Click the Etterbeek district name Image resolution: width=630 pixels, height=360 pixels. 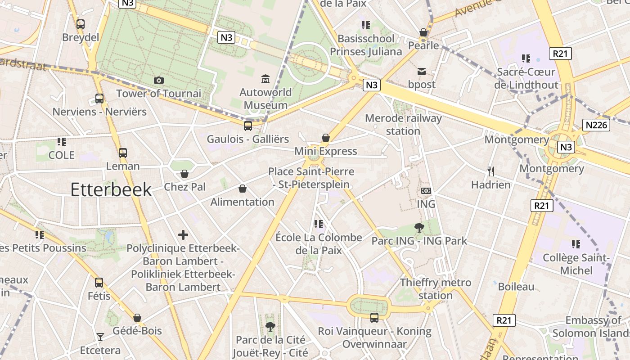click(x=111, y=190)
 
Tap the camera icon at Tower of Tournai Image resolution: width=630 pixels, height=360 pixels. click(x=158, y=80)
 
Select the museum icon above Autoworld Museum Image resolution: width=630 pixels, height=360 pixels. click(x=265, y=79)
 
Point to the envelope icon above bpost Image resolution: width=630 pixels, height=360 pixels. click(x=422, y=71)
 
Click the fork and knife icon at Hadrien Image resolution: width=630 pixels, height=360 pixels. click(x=490, y=171)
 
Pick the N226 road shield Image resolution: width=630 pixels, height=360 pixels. click(x=596, y=125)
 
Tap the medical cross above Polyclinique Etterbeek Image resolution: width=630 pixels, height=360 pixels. click(x=183, y=234)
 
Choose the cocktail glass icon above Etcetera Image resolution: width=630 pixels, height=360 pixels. click(x=100, y=337)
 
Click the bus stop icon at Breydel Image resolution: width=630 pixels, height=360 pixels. click(x=81, y=24)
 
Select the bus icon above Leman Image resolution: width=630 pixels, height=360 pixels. click(x=123, y=153)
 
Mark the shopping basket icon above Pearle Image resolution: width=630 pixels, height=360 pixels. click(x=423, y=32)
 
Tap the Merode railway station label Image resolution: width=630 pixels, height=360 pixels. click(x=403, y=125)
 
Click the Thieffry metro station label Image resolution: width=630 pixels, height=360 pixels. click(x=436, y=289)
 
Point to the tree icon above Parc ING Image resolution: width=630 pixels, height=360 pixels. click(x=419, y=228)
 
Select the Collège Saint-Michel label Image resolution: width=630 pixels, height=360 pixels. click(x=576, y=264)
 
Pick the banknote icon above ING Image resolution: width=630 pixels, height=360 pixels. click(x=426, y=191)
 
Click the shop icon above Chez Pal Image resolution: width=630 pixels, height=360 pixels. click(x=184, y=174)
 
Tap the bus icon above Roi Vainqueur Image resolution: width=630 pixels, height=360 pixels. click(x=374, y=318)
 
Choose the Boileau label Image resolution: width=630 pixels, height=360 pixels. click(x=516, y=287)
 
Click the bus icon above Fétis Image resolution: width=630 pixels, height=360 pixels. click(x=99, y=283)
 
